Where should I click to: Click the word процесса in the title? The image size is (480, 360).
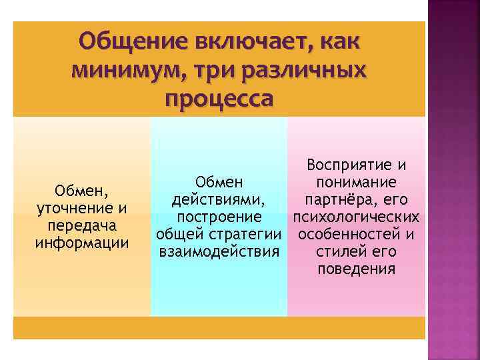(x=217, y=98)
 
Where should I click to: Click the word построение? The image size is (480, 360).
(x=219, y=217)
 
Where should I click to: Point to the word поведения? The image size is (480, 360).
(x=356, y=269)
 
